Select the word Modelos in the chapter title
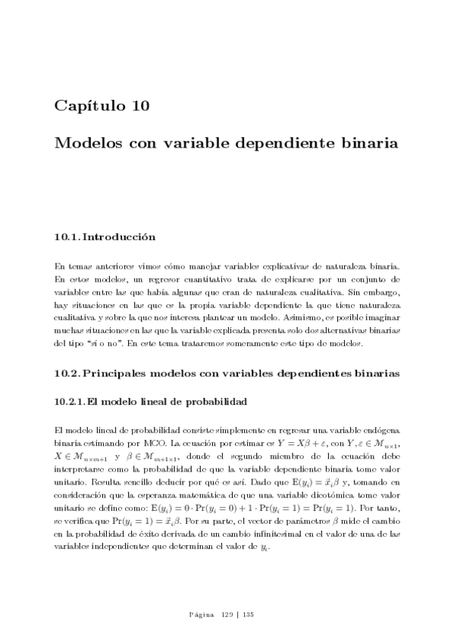86,143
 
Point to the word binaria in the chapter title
370,143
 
